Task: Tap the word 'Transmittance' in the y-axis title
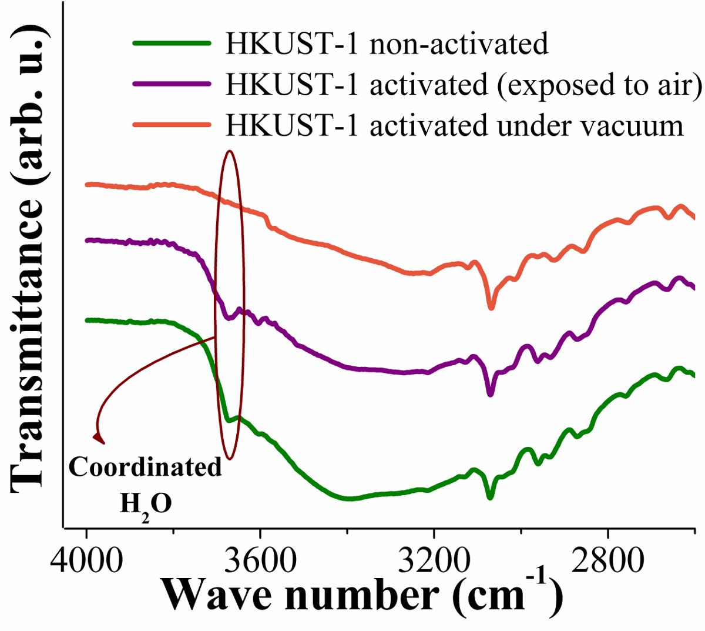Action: click(28, 341)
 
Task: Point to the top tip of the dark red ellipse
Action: click(230, 151)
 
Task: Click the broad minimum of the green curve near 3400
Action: click(350, 499)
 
